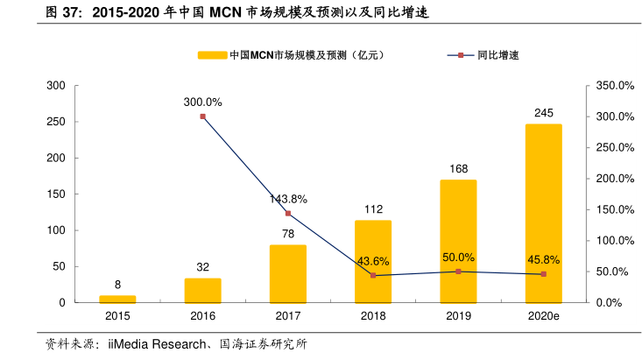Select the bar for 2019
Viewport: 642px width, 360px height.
point(458,241)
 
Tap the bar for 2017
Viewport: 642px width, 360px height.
point(287,273)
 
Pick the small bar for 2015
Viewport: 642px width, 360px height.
point(117,299)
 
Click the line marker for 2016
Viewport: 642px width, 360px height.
point(202,116)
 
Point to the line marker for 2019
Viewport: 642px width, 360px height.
point(458,272)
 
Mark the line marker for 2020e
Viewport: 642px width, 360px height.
point(543,274)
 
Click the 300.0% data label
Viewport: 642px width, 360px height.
point(202,102)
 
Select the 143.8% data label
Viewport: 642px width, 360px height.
point(287,199)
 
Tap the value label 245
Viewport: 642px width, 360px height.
point(543,113)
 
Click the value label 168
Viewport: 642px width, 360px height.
point(458,168)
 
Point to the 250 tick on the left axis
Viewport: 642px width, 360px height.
point(56,122)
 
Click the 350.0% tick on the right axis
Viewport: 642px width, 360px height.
point(612,86)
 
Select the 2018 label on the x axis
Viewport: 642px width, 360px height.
point(373,315)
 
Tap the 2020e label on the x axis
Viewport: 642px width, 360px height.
point(543,315)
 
